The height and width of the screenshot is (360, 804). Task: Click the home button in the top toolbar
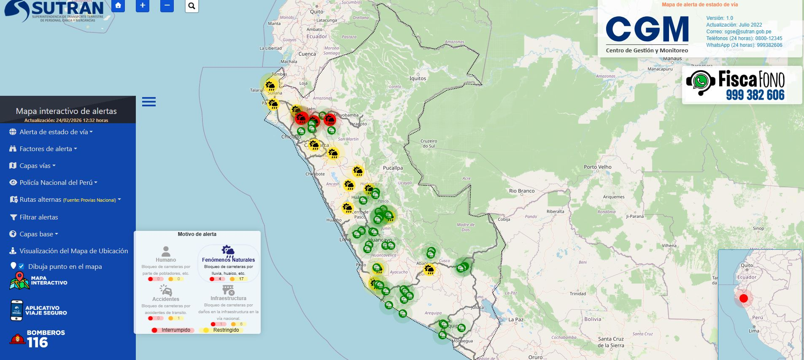pyautogui.click(x=118, y=5)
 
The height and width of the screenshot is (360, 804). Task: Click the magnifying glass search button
pyautogui.click(x=192, y=5)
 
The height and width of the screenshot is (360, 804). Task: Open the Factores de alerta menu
pyautogui.click(x=48, y=149)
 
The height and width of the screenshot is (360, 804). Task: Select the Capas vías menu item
pyautogui.click(x=37, y=166)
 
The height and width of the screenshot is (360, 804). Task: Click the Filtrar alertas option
pyautogui.click(x=38, y=217)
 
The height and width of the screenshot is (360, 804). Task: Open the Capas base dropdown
pyautogui.click(x=38, y=234)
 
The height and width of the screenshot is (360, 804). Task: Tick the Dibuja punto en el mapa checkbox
pyautogui.click(x=21, y=266)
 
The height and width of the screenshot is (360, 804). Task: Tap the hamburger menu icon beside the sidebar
pyautogui.click(x=149, y=102)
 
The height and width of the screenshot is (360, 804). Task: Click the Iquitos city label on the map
pyautogui.click(x=418, y=78)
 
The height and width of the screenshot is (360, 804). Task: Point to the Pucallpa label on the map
pyautogui.click(x=393, y=168)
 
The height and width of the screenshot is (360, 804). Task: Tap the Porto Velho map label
pyautogui.click(x=597, y=167)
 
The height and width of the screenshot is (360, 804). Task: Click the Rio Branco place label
pyautogui.click(x=521, y=191)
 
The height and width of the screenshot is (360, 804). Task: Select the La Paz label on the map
pyautogui.click(x=515, y=320)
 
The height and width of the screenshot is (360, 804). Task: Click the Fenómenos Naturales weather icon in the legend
pyautogui.click(x=228, y=252)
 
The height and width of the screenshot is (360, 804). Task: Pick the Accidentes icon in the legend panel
pyautogui.click(x=166, y=290)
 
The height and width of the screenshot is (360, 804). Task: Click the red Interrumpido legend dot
pyautogui.click(x=155, y=330)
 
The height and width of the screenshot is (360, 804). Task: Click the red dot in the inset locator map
pyautogui.click(x=743, y=298)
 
